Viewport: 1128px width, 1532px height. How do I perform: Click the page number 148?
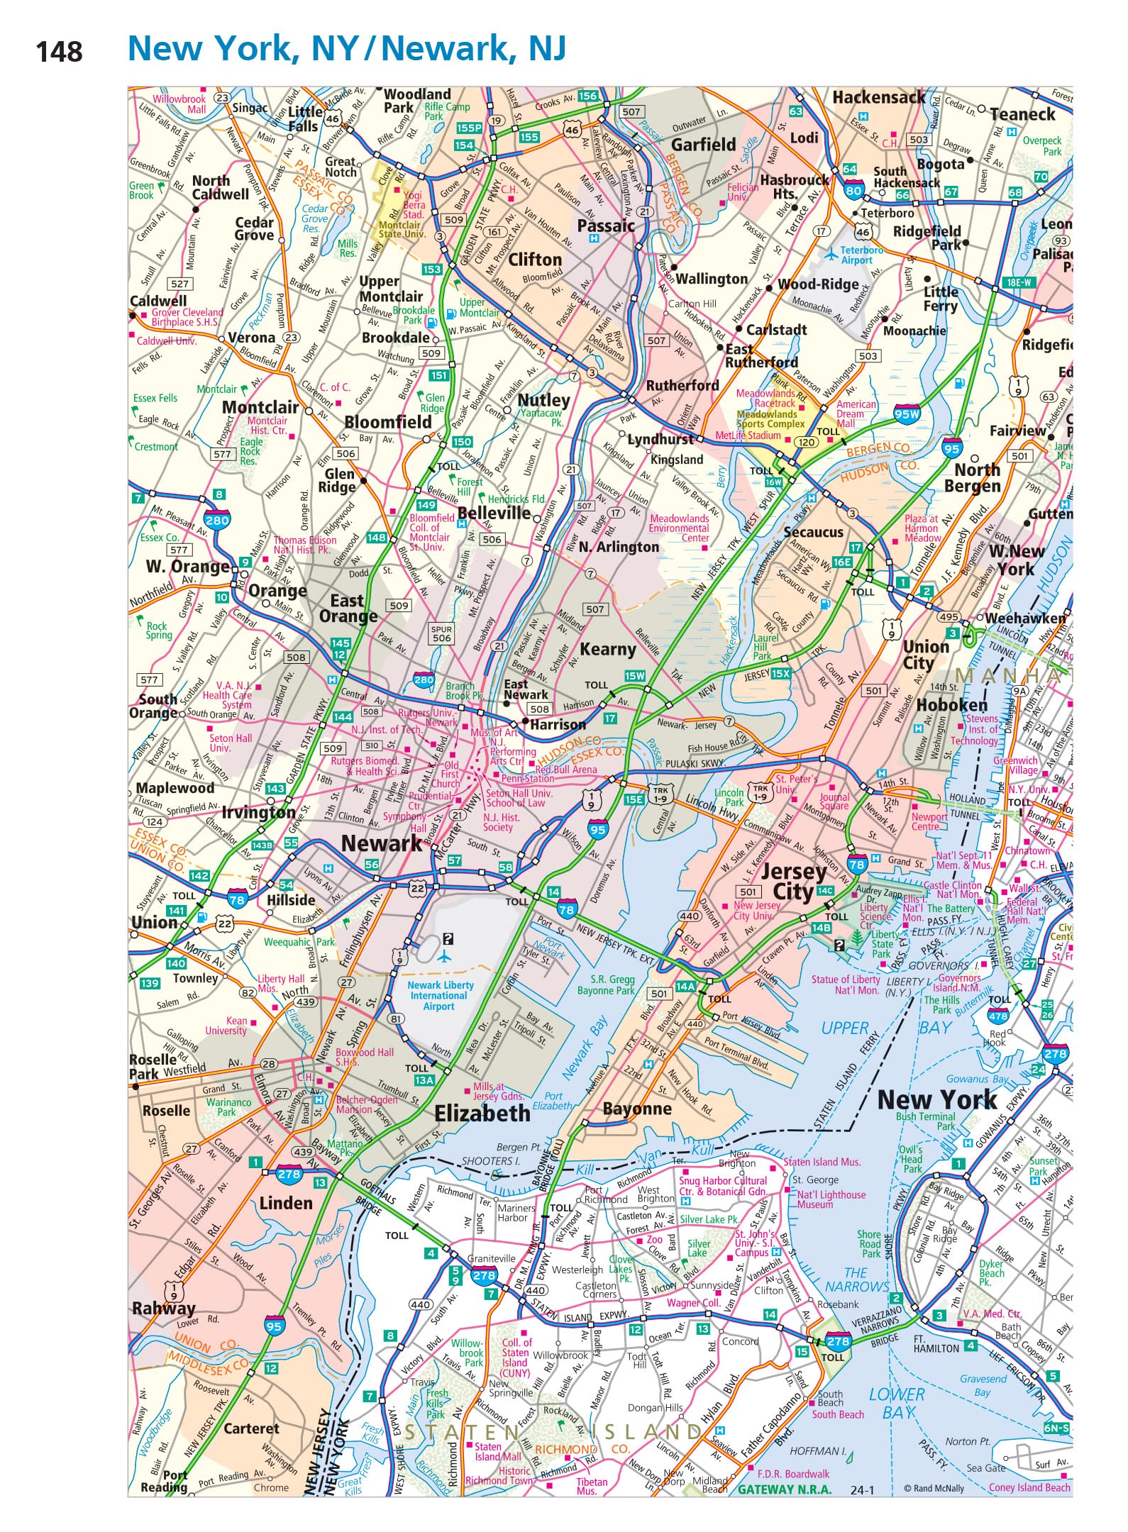coord(59,52)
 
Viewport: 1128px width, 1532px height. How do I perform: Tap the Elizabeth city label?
coord(482,1113)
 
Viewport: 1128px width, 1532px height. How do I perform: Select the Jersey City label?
coord(793,881)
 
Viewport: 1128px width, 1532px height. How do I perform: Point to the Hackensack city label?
coord(878,97)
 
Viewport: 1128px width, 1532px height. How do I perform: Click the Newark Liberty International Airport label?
coord(440,995)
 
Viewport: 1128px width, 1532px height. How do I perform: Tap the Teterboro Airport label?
coord(861,255)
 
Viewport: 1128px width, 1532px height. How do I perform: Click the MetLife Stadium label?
coord(747,435)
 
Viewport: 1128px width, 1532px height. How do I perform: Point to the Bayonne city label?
coord(636,1109)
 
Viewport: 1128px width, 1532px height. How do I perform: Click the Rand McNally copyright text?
coord(934,1488)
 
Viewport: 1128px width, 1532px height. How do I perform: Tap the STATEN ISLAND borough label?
coord(552,1432)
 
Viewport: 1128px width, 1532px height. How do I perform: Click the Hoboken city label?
coord(951,704)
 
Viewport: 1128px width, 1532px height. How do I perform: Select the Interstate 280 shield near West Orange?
coord(217,519)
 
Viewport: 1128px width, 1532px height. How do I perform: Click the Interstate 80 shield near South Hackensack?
coord(853,190)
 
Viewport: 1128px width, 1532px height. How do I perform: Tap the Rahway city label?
coord(163,1308)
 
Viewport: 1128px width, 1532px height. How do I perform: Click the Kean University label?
coord(226,1026)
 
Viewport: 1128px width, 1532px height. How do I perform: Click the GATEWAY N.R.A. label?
coord(784,1489)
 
